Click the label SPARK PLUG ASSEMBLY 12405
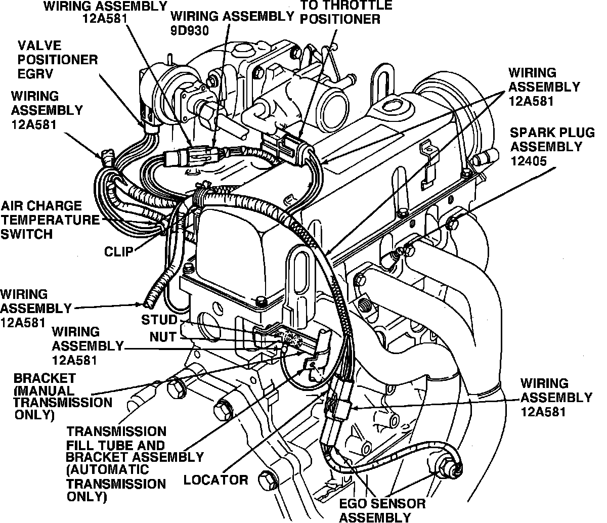(x=546, y=147)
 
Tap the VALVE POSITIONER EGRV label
(x=56, y=59)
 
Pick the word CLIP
(x=119, y=251)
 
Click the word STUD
(x=159, y=320)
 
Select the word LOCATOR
(x=215, y=480)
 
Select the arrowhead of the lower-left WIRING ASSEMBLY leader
(x=144, y=304)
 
